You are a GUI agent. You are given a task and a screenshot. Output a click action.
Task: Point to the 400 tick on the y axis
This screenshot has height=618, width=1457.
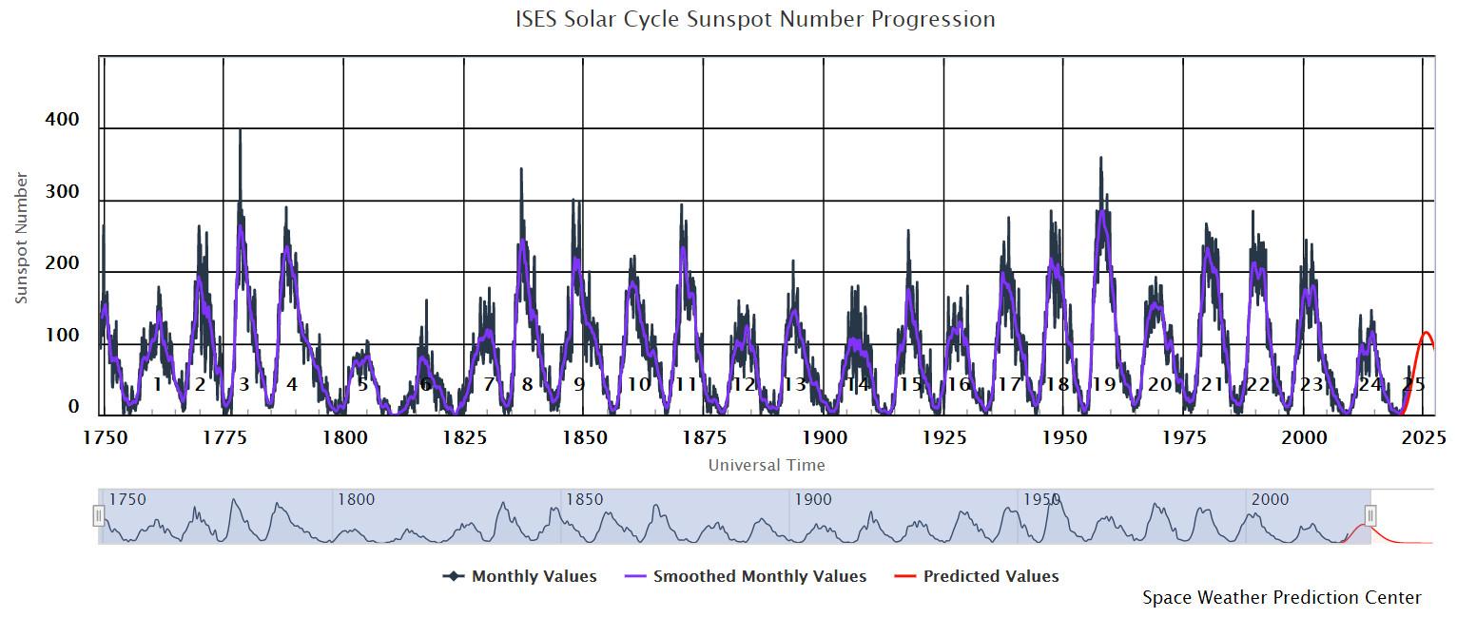[62, 121]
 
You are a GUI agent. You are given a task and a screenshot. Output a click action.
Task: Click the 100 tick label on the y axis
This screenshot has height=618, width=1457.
[62, 336]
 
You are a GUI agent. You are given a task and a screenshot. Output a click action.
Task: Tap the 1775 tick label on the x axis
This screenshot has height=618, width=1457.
[224, 437]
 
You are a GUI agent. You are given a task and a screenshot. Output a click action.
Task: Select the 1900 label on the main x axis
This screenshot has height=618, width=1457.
[825, 437]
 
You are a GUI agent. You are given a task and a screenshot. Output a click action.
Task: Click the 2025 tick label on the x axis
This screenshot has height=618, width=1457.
[1424, 437]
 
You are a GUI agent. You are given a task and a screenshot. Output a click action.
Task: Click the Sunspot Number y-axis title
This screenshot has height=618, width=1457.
[22, 238]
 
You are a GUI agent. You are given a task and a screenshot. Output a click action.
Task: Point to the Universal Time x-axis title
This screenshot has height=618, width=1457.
[767, 465]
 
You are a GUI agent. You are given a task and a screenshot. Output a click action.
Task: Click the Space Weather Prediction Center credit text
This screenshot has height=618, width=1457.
[1282, 598]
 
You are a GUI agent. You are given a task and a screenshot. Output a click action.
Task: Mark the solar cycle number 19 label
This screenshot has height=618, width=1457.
[1103, 385]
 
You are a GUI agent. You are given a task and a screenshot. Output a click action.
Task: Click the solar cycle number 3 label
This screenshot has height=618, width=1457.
[244, 385]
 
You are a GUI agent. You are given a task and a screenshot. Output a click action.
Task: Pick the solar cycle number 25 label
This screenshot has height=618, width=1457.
[1414, 385]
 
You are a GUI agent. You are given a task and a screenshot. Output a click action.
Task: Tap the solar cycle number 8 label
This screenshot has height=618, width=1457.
[527, 385]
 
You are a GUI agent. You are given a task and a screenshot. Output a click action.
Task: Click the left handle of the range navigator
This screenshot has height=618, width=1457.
[99, 515]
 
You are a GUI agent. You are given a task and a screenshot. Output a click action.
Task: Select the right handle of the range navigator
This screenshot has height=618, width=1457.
[1370, 515]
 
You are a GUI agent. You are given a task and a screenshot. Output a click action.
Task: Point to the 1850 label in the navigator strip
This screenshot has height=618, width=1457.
[584, 500]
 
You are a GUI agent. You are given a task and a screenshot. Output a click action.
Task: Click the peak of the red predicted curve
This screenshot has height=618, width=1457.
[1426, 333]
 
